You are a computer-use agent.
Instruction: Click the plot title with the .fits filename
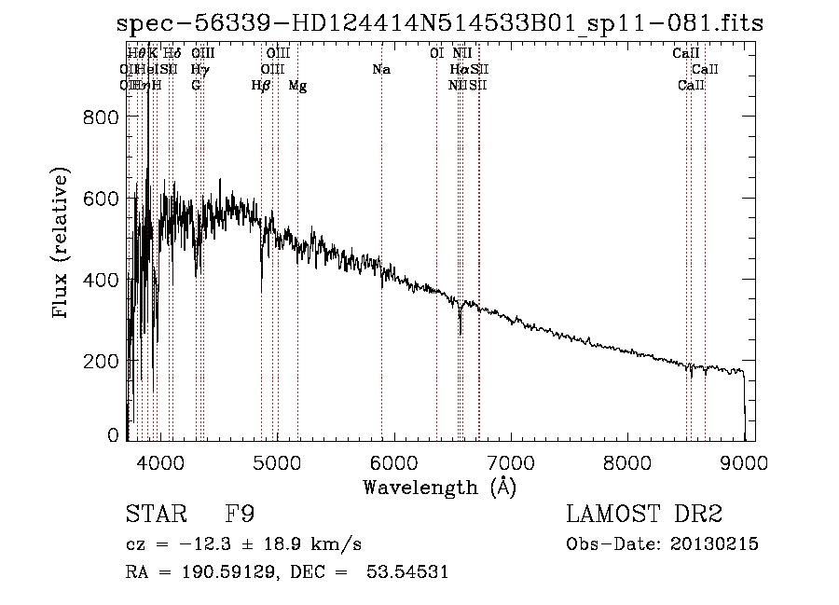coord(439,24)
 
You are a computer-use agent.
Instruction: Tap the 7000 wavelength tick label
coord(510,462)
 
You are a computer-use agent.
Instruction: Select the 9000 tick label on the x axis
coord(744,462)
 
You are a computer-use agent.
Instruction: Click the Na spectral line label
coord(380,70)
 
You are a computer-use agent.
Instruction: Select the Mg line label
coord(297,86)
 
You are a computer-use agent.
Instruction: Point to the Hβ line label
coord(261,86)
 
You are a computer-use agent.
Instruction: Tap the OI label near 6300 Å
coord(436,54)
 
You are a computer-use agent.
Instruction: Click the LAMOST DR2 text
coord(644,515)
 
